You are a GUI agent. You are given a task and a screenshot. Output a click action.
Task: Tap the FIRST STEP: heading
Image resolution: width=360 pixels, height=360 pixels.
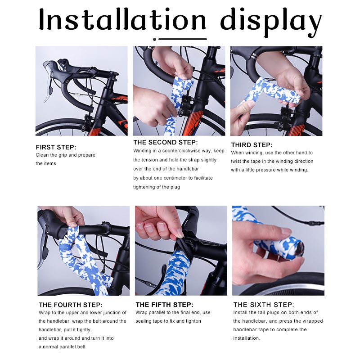56,147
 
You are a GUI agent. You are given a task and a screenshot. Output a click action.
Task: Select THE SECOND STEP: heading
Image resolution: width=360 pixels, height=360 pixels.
167,142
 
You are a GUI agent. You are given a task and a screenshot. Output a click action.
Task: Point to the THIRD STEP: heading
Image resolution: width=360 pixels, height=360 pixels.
252,145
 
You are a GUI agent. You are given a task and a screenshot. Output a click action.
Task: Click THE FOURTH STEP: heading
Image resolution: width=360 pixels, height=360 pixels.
70,305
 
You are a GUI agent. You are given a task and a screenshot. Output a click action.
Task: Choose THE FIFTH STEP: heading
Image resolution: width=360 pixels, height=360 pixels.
164,305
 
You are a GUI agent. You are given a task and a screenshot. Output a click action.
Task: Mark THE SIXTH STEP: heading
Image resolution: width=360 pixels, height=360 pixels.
264,305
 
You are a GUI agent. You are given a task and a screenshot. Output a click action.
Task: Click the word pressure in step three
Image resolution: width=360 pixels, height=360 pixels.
264,170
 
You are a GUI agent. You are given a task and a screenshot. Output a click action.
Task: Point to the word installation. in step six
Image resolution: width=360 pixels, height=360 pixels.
247,337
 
